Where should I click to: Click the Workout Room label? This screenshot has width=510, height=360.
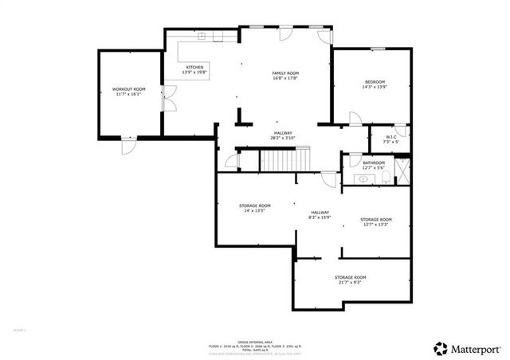coord(128,92)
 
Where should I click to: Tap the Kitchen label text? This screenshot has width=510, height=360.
coord(195,69)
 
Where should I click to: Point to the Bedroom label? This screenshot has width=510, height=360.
coord(375,84)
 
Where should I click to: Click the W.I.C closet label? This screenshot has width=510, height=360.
coord(391,139)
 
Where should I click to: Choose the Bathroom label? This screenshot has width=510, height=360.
coord(374,165)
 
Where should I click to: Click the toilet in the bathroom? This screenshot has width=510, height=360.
coord(386,180)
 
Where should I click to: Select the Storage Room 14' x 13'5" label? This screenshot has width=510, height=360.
coord(255,209)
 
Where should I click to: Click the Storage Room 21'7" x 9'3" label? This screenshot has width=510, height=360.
coord(350,280)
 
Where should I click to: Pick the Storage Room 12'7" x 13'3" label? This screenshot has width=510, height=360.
coord(375,221)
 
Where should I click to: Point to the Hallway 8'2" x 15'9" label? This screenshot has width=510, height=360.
coord(320,215)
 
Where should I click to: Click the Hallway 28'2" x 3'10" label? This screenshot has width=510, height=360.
coord(284,135)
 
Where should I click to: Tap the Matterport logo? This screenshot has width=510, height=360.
coord(465,348)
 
